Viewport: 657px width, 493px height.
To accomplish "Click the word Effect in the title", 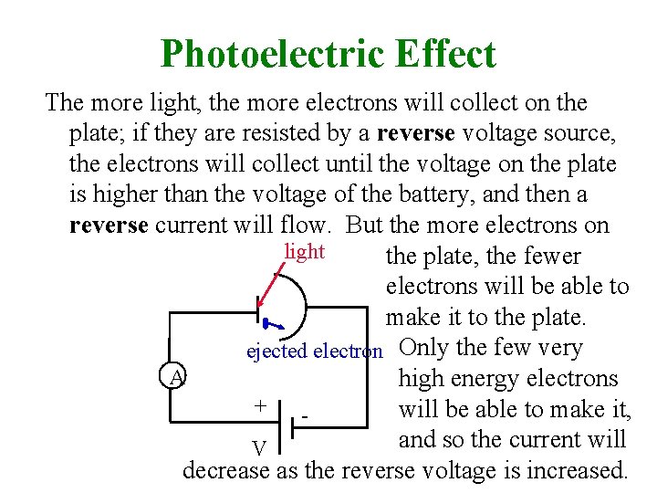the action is (x=446, y=54).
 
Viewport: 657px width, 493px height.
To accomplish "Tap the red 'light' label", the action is (x=305, y=251).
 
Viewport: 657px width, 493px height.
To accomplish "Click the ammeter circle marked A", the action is (x=177, y=376).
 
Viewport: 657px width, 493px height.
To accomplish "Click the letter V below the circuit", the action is (x=260, y=448).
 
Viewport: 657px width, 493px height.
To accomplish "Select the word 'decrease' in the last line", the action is (x=225, y=471).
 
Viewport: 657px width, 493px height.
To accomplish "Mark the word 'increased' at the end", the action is (x=581, y=471).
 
